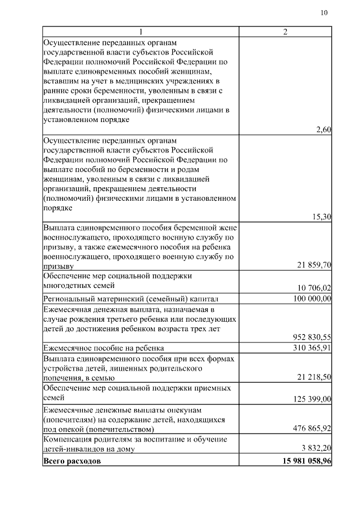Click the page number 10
point(323,13)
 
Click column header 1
point(141,31)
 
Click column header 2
point(285,31)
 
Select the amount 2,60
point(323,130)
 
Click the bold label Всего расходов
point(72,461)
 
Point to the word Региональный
point(67,299)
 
